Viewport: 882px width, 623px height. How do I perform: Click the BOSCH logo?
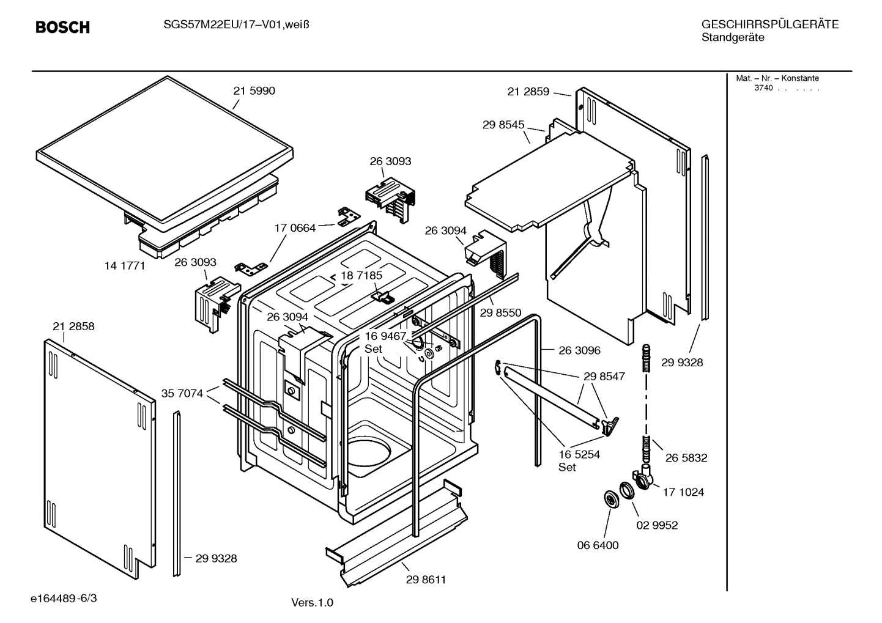[62, 28]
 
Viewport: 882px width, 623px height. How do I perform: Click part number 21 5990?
[254, 91]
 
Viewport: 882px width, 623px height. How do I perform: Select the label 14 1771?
[125, 265]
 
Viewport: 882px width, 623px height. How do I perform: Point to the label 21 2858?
[73, 326]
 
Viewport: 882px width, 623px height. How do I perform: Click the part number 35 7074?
[182, 394]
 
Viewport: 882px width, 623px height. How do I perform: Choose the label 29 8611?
[426, 580]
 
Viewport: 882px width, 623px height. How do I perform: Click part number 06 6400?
[598, 545]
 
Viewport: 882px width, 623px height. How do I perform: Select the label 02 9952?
[657, 525]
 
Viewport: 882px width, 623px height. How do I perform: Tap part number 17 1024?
[683, 492]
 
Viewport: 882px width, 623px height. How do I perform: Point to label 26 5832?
[686, 458]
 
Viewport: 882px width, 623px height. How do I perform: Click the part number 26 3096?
[579, 351]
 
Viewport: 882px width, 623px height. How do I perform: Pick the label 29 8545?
[503, 125]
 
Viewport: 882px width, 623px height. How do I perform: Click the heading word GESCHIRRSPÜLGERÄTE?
[769, 25]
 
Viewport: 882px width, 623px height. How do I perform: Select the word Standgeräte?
[732, 38]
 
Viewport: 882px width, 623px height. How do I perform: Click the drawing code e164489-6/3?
[64, 598]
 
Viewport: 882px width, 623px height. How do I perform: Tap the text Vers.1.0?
[312, 603]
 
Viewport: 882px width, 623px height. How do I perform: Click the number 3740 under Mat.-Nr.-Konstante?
[763, 88]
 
